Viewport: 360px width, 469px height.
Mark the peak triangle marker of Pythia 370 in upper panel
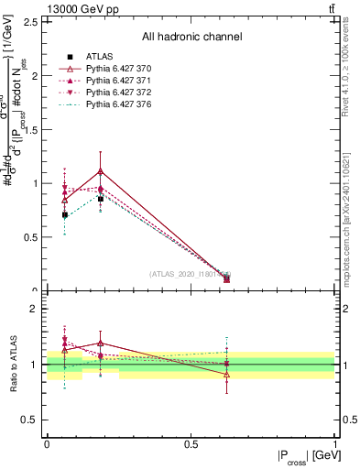101,170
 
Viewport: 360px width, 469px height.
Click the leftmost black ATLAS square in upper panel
64,214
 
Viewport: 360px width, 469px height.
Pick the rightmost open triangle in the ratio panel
227,374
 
